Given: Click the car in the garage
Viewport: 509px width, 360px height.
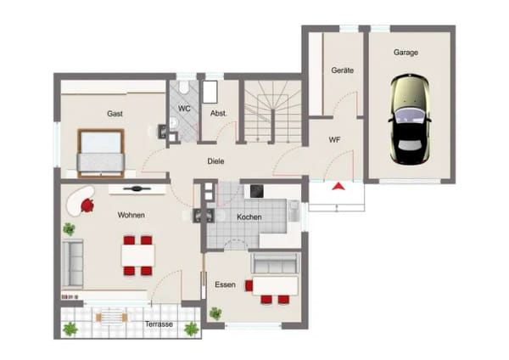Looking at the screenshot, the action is [x=410, y=120].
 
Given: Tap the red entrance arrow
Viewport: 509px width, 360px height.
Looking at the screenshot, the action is [x=338, y=186].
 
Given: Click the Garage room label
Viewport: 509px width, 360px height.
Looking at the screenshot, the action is [x=406, y=53].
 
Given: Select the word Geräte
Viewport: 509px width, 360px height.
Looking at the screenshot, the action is [x=342, y=70].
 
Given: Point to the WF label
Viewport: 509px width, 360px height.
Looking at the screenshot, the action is [x=334, y=140].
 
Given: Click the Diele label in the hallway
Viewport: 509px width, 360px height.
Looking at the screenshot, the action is [x=215, y=161].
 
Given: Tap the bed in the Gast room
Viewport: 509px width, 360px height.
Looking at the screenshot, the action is [x=101, y=154].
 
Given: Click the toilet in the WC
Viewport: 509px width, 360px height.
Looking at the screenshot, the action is [x=184, y=87].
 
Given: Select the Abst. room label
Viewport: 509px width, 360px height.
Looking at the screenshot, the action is [x=219, y=114].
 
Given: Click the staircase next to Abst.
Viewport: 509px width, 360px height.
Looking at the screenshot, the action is [x=272, y=111].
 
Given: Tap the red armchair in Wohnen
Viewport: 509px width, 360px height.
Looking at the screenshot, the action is [x=87, y=205].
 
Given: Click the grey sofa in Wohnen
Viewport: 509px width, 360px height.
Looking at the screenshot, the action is [x=73, y=263].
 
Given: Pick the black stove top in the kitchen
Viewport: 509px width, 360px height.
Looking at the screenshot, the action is [x=256, y=192].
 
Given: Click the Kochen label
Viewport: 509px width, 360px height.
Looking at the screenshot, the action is [x=249, y=217].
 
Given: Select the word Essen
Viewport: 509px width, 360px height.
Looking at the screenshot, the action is [x=225, y=284].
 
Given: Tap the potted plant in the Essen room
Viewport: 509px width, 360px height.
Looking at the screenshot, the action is [x=215, y=313].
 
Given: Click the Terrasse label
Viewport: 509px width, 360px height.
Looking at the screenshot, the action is [x=159, y=324].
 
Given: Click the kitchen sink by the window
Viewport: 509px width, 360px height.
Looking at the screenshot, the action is [x=294, y=211].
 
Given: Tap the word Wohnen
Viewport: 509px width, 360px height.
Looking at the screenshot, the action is [x=131, y=215].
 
